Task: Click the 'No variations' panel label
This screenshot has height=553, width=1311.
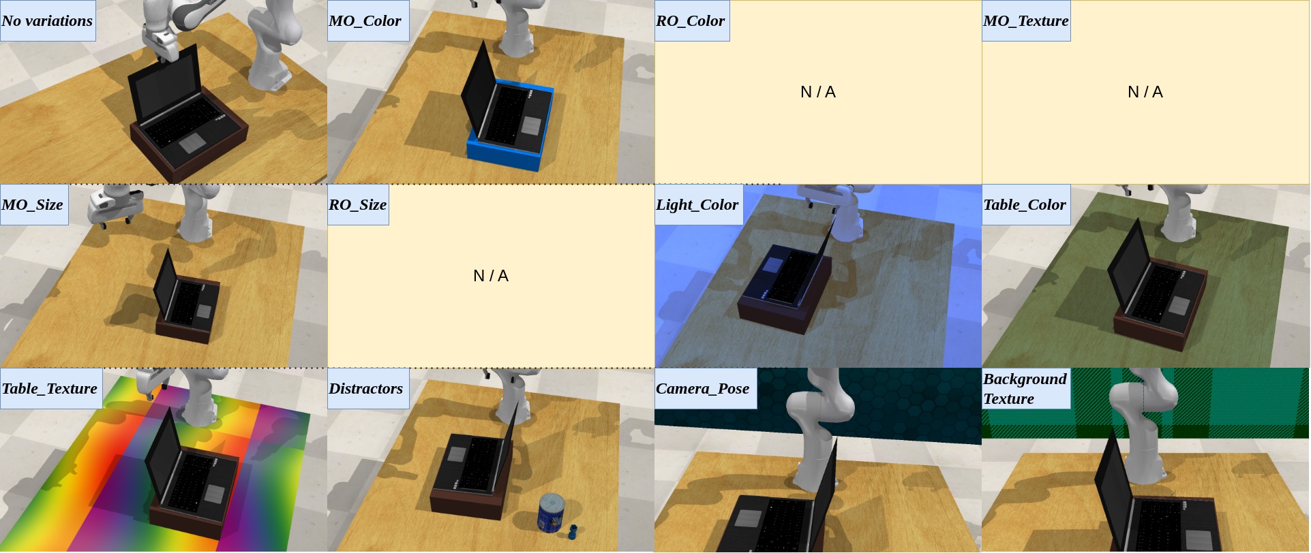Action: tap(47, 20)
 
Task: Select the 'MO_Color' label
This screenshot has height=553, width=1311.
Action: tap(365, 20)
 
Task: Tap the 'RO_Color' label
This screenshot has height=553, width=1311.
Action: tap(690, 20)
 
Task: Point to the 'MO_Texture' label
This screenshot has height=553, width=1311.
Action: tap(1025, 20)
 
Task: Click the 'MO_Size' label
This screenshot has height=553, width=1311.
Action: tap(32, 204)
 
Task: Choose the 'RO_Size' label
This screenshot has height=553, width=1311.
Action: tap(357, 204)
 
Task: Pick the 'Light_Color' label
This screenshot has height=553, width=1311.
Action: tap(697, 204)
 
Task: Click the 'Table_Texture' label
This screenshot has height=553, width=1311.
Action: tap(49, 388)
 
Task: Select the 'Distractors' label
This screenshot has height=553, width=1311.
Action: tap(365, 388)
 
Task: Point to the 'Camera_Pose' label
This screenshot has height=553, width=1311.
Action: tap(702, 388)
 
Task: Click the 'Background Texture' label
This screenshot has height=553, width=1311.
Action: tap(1025, 388)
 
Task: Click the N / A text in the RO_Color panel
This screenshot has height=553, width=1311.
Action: tap(818, 92)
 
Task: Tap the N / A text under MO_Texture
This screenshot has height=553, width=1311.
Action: tap(1145, 92)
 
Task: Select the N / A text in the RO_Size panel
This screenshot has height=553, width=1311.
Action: tap(491, 276)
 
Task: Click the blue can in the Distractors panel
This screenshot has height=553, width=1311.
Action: tap(552, 513)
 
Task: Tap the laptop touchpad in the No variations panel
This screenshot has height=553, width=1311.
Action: tap(192, 143)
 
